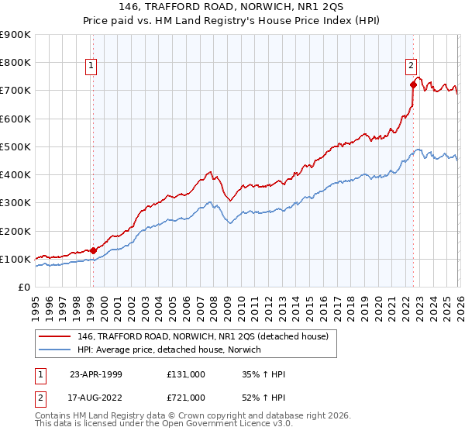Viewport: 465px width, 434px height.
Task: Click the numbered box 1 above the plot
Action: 91,66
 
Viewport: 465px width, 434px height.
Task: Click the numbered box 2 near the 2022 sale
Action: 411,66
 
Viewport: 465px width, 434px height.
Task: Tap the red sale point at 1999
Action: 93,250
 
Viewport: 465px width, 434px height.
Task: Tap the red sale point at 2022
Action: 413,84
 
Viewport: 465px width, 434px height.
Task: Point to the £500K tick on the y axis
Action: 17,146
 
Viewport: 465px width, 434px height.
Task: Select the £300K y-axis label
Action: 17,202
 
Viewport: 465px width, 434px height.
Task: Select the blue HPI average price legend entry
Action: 170,350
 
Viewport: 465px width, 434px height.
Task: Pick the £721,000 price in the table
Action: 186,397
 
